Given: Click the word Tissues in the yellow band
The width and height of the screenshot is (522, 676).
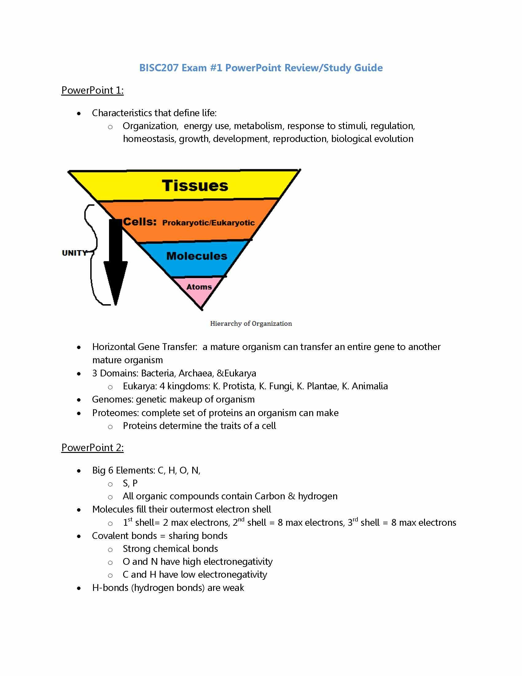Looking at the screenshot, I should (195, 186).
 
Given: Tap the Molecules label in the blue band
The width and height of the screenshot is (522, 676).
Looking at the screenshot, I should (197, 256).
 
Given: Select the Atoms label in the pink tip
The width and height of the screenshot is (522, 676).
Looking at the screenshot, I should (199, 287).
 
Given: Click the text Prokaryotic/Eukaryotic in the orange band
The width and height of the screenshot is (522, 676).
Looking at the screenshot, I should (208, 223).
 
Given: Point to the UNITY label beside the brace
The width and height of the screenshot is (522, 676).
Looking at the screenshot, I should (74, 253).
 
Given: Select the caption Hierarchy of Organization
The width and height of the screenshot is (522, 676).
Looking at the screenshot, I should (251, 324).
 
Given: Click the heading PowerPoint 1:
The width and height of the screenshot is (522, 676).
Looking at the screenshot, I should (92, 90).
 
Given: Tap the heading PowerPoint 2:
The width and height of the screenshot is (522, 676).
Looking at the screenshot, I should (92, 448).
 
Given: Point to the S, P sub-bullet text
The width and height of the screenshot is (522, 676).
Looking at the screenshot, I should (130, 483).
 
